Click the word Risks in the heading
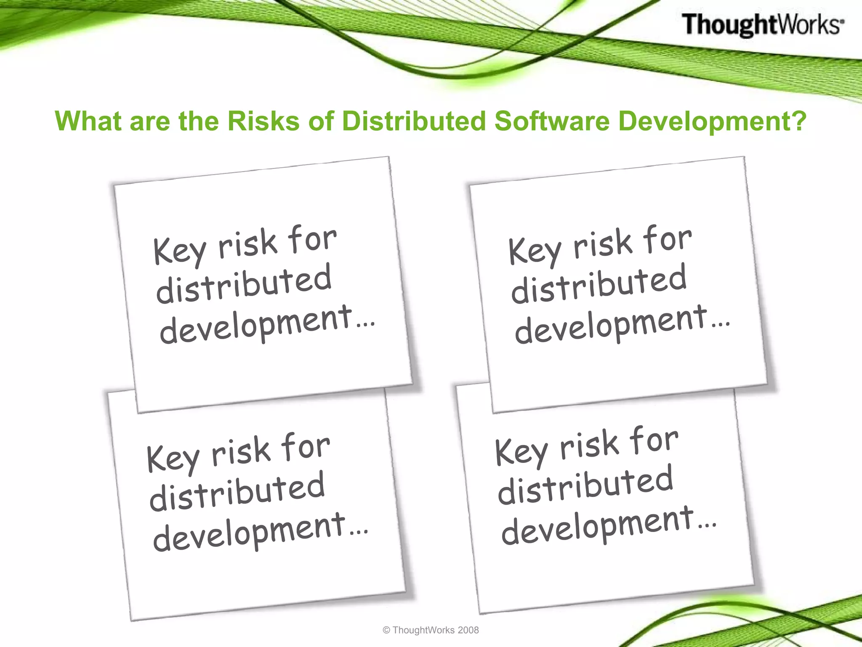263,121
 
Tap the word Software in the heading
551,121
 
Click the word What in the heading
89,121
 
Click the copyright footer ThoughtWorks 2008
431,630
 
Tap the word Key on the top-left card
179,251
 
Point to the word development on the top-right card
611,325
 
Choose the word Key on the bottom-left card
173,459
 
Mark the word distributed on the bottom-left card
237,492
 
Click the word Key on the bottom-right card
521,452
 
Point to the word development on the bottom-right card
598,526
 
